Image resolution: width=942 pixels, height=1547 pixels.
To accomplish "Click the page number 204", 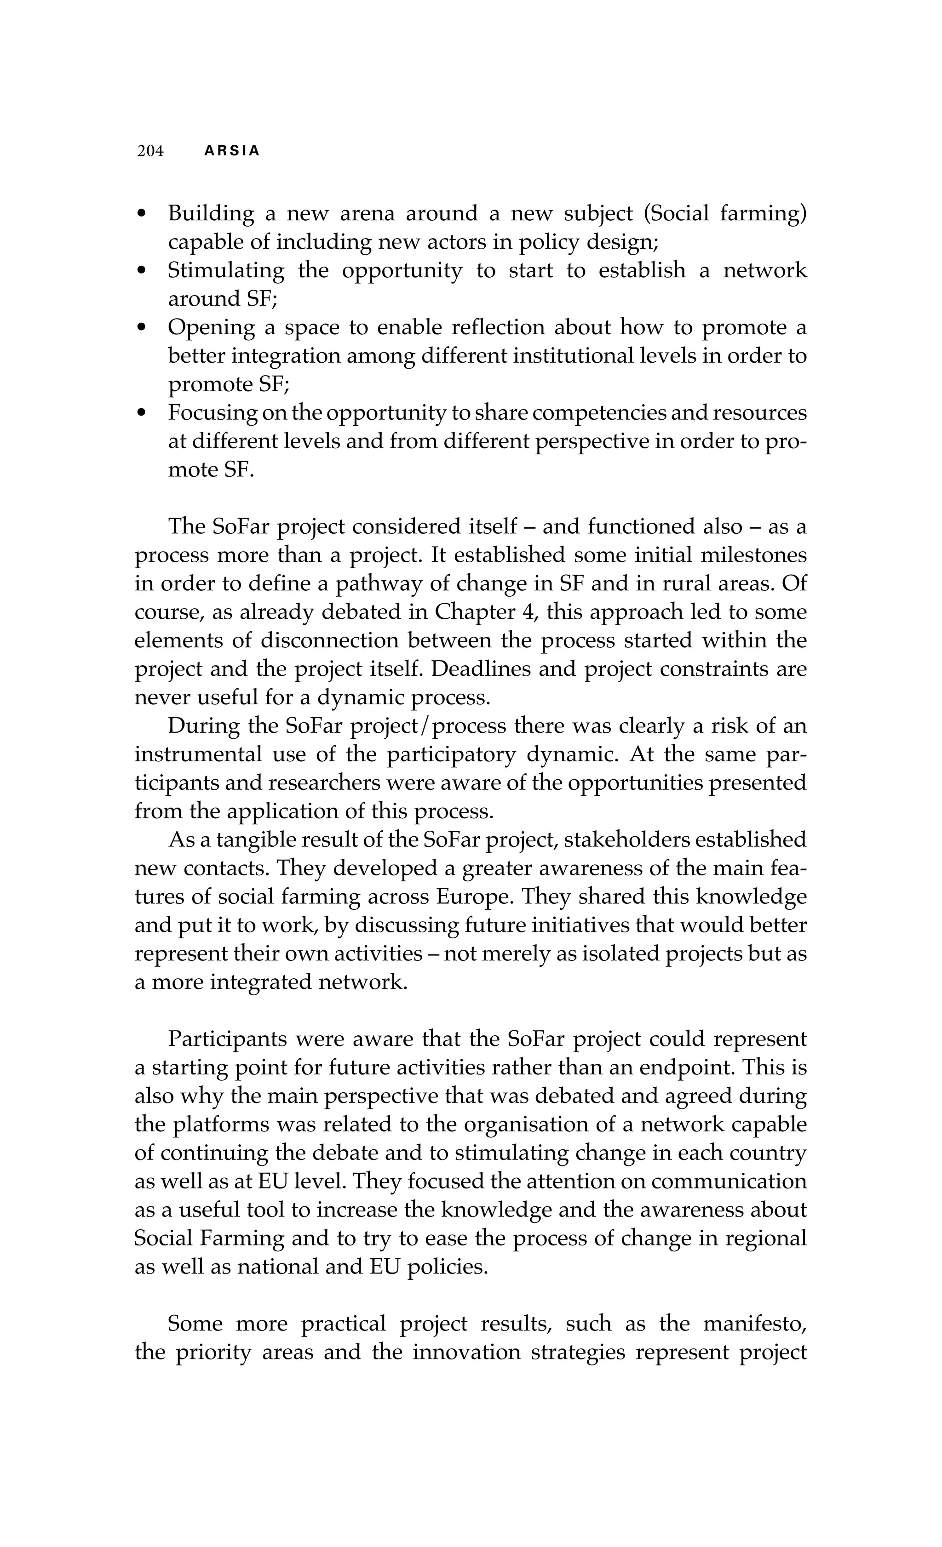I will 150,151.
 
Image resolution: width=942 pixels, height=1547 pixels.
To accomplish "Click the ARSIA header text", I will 232,151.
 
